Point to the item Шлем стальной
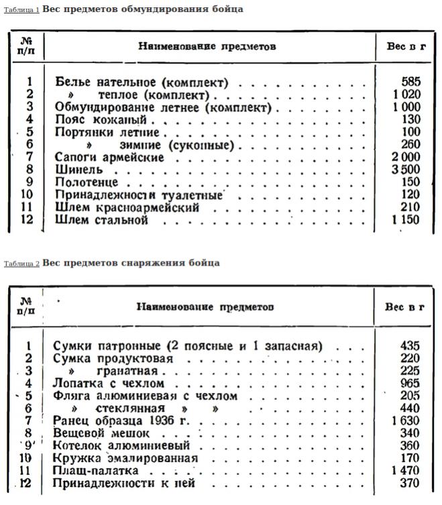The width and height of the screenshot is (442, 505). click(x=101, y=220)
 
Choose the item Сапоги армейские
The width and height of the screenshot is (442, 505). click(x=109, y=157)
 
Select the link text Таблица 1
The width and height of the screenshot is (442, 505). click(x=21, y=11)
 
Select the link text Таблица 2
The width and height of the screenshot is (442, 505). click(x=21, y=264)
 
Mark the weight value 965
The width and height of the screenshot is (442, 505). click(x=410, y=383)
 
